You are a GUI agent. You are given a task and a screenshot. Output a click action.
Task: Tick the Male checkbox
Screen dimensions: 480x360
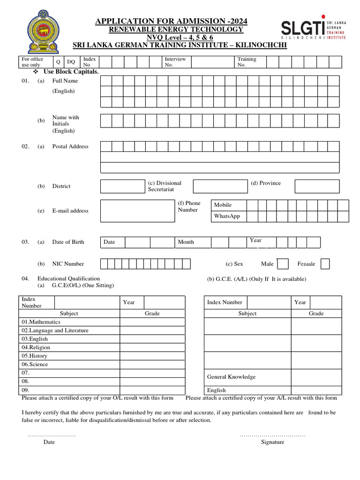(x=283, y=264)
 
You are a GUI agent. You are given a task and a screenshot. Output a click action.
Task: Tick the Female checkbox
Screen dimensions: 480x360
(x=325, y=264)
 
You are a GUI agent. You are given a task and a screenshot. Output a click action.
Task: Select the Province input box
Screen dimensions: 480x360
(x=317, y=186)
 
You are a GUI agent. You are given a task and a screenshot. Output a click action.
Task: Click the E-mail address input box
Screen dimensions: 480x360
(x=137, y=211)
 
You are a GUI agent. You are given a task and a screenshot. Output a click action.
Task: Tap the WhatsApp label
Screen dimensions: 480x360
(x=227, y=216)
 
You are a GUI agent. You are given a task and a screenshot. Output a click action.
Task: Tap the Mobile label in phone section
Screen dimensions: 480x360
(x=223, y=205)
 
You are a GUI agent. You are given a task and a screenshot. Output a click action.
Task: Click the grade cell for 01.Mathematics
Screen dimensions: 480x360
(x=152, y=322)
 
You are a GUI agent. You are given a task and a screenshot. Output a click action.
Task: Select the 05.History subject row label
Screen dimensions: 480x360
(x=35, y=356)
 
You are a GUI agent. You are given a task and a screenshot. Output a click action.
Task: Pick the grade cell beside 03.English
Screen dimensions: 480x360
(x=152, y=339)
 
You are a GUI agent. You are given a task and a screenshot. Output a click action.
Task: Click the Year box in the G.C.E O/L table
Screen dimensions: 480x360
(x=164, y=302)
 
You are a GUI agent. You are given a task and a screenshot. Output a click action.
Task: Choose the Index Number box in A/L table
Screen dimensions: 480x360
(x=268, y=302)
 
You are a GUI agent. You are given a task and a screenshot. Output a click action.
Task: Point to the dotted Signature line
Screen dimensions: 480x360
(x=272, y=435)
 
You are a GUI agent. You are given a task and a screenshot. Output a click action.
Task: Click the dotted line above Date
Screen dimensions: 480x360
(x=52, y=435)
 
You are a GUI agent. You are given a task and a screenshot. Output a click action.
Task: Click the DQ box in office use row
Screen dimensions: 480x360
(x=71, y=62)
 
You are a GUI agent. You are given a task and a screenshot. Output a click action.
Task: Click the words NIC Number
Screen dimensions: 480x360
(x=68, y=264)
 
